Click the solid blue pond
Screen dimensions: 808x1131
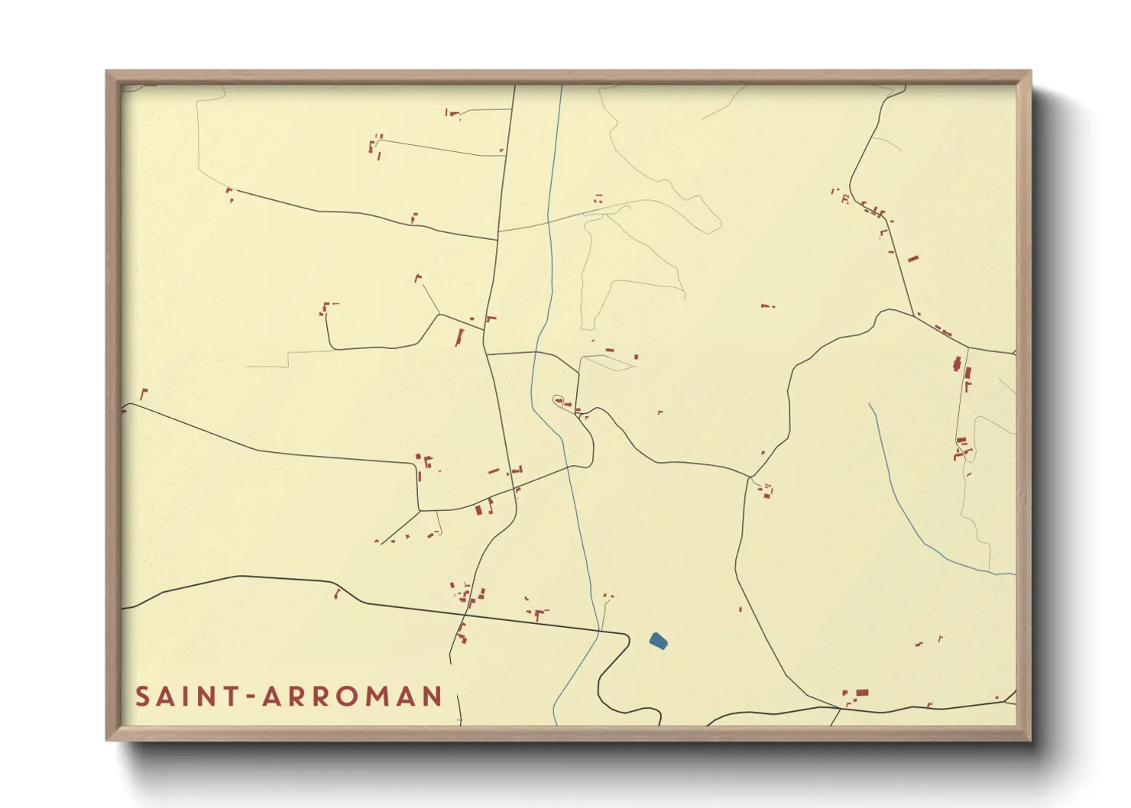(658, 641)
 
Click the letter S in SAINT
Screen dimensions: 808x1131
(143, 696)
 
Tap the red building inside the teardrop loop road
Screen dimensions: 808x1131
(559, 399)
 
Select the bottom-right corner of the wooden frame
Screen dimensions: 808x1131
(1029, 739)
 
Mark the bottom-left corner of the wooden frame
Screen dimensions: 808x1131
(108, 739)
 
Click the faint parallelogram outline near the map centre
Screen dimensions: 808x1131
(609, 363)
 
